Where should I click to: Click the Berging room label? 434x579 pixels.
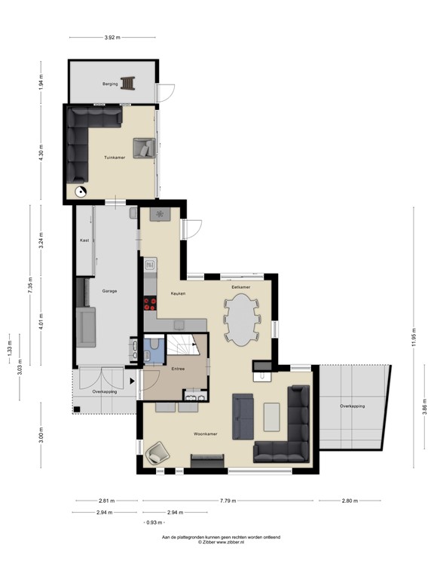pos(111,84)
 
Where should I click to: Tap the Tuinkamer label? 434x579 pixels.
pos(115,158)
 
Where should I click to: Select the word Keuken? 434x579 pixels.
pos(178,293)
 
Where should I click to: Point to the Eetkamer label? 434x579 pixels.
pos(240,287)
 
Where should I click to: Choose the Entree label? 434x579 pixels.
pos(179,369)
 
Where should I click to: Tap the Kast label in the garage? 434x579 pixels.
pos(85,240)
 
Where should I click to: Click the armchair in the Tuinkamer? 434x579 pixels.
pos(143,148)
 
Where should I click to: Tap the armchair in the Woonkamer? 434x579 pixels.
pos(158,452)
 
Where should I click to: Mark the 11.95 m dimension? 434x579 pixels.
pos(412,337)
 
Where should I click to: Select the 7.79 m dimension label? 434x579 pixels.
pos(228,501)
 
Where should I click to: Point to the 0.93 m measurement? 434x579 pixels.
pos(154,522)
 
